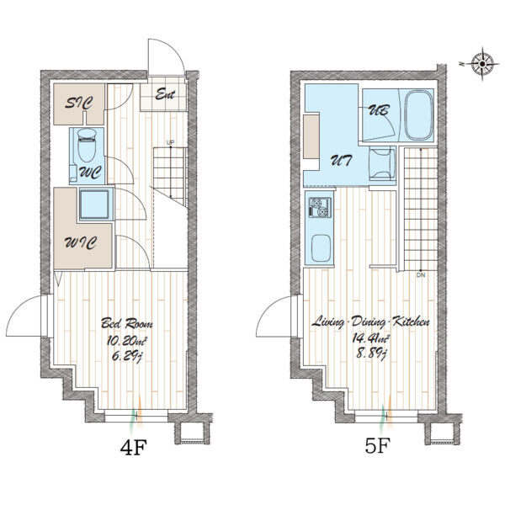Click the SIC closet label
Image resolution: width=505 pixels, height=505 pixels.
point(79,103)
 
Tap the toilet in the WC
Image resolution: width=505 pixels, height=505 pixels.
point(87,145)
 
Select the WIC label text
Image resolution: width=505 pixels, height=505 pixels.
point(81,242)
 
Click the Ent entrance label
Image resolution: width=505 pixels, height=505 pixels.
point(165,94)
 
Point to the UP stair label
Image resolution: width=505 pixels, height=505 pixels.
point(170,142)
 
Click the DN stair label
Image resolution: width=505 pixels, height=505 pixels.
point(421,275)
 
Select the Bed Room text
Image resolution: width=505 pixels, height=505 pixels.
point(127,323)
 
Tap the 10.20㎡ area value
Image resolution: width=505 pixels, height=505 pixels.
point(127,340)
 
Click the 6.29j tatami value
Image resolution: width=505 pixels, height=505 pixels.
point(127,357)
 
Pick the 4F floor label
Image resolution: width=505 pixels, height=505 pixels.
point(133,448)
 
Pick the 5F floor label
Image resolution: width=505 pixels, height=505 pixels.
point(377,445)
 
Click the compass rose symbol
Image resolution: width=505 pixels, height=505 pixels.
point(482,64)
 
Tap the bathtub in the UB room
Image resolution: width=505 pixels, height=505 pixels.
point(418,115)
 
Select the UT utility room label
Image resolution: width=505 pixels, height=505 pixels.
point(342,160)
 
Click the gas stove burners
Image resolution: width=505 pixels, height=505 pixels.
point(320,207)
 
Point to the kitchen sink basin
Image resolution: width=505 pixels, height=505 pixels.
point(322,248)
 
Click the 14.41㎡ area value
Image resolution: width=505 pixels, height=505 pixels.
point(370,338)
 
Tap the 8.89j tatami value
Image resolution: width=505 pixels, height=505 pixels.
point(371,354)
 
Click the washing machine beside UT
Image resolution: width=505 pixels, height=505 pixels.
point(382,163)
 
